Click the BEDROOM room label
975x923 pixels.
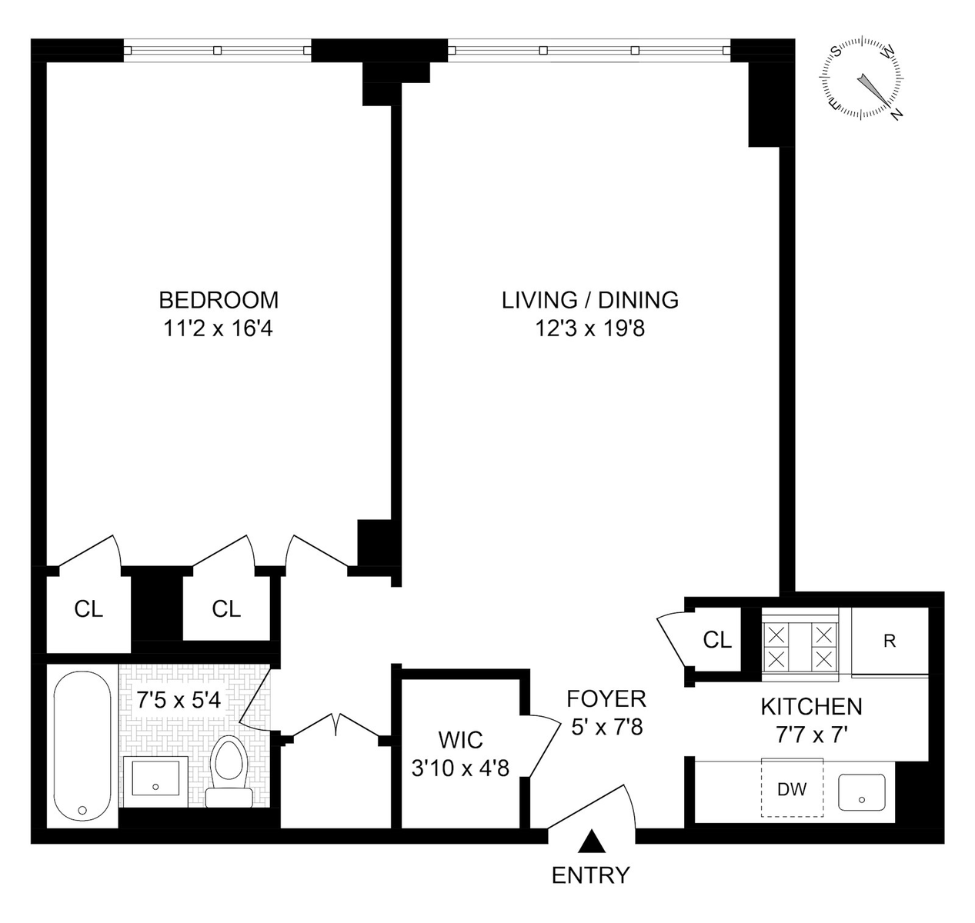pyautogui.click(x=219, y=301)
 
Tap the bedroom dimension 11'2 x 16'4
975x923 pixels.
pyautogui.click(x=219, y=328)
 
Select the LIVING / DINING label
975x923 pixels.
pyautogui.click(x=590, y=301)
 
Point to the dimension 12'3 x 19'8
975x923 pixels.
pyautogui.click(x=590, y=328)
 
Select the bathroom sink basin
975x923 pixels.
pyautogui.click(x=155, y=778)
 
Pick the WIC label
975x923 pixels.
pyautogui.click(x=460, y=741)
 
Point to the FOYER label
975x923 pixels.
pyautogui.click(x=606, y=699)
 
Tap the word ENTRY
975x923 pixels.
pyautogui.click(x=591, y=875)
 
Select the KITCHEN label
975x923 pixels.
pyautogui.click(x=812, y=707)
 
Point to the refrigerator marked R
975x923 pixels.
pyautogui.click(x=890, y=641)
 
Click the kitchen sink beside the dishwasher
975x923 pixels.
pyautogui.click(x=861, y=793)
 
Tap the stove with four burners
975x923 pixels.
pyautogui.click(x=800, y=644)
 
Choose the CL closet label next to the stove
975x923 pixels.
pyautogui.click(x=717, y=641)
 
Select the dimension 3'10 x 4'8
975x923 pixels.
pyautogui.click(x=460, y=768)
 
